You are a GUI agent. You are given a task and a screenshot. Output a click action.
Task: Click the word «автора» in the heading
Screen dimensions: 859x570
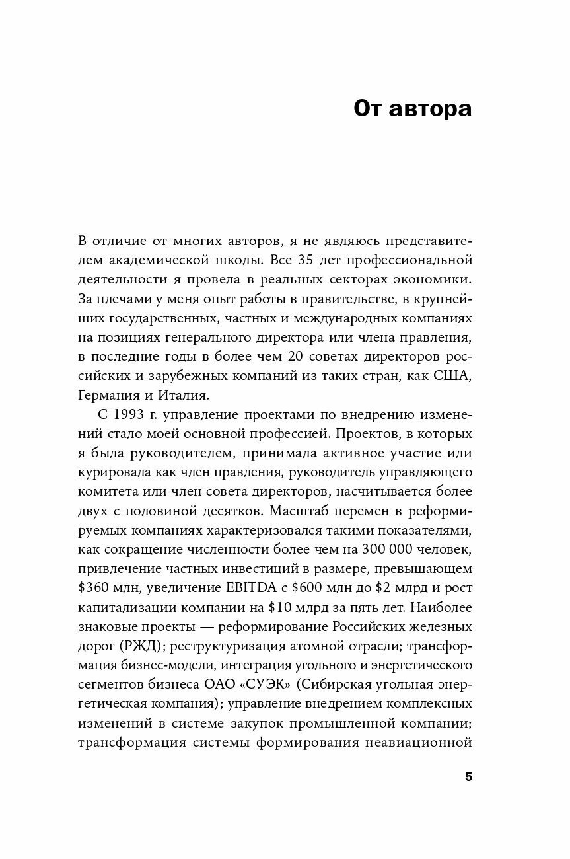click(x=430, y=108)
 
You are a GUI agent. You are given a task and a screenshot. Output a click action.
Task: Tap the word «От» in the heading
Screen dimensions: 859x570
click(x=367, y=108)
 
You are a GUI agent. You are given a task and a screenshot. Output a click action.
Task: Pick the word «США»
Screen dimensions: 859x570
click(x=453, y=375)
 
